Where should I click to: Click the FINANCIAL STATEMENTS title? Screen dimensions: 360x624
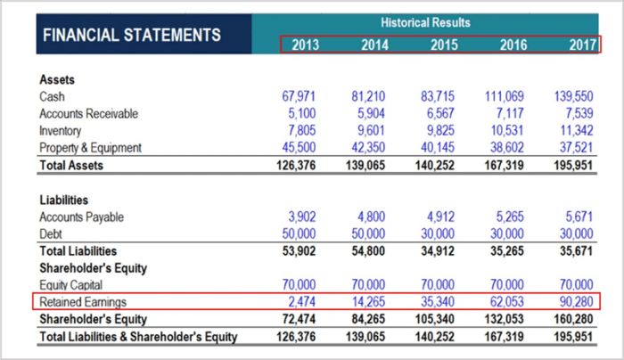pyautogui.click(x=131, y=36)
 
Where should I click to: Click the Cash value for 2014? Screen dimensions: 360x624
pyautogui.click(x=369, y=96)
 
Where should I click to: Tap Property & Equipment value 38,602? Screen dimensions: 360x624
pyautogui.click(x=505, y=147)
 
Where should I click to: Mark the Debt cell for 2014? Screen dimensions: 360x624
pyautogui.click(x=369, y=233)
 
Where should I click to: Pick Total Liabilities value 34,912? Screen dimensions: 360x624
pyautogui.click(x=439, y=251)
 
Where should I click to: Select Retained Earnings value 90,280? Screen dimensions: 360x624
pyautogui.click(x=575, y=302)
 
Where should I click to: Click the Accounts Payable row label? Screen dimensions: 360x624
pyautogui.click(x=81, y=217)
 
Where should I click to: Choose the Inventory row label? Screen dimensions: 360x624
pyautogui.click(x=62, y=130)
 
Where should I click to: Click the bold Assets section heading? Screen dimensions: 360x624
pyautogui.click(x=57, y=79)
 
